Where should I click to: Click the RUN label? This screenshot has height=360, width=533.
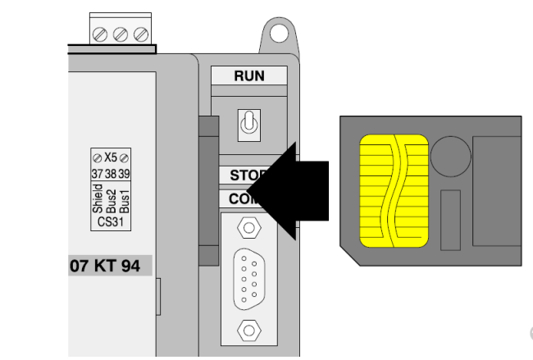click(249, 75)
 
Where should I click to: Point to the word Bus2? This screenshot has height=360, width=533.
click(112, 199)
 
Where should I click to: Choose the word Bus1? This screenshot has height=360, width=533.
click(125, 199)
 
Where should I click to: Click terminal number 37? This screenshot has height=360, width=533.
click(97, 174)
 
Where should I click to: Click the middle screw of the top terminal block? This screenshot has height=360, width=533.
click(121, 34)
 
